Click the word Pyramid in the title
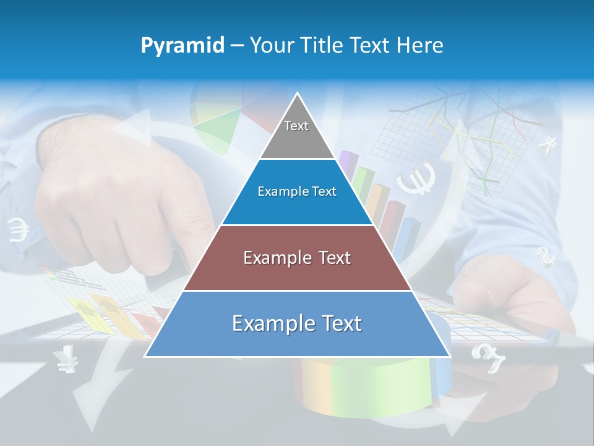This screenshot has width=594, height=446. coord(183,46)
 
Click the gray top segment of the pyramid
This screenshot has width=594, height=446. coord(297,133)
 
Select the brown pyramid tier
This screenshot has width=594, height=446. coord(297,258)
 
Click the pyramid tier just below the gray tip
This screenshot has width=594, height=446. coord(297,192)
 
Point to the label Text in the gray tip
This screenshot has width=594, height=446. coord(296,126)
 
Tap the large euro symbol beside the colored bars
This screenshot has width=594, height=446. coord(416,178)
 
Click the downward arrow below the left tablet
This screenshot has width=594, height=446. coord(93,390)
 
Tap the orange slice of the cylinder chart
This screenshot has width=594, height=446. coord(309,384)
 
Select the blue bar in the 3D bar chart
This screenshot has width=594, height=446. coord(407,238)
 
